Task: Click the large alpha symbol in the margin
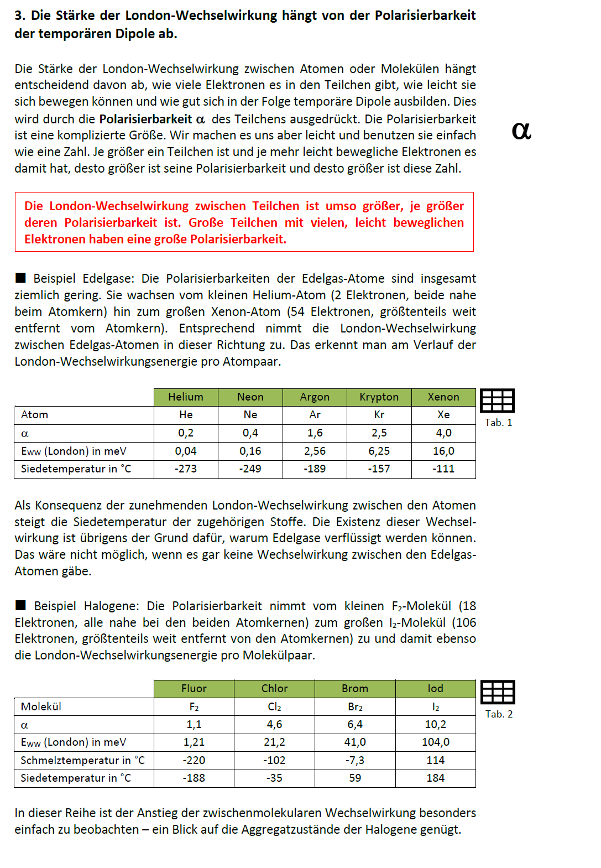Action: click(521, 131)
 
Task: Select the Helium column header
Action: click(186, 397)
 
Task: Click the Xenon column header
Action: click(443, 397)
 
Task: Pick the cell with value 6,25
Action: click(379, 451)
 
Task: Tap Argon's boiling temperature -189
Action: click(315, 469)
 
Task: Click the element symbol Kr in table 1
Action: click(379, 414)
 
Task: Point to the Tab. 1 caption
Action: click(498, 423)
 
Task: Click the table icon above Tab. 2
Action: click(498, 692)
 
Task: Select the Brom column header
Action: click(354, 688)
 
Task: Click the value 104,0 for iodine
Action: click(435, 742)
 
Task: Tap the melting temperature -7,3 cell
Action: click(354, 760)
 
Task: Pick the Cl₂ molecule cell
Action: click(274, 706)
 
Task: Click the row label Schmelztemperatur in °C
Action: click(82, 760)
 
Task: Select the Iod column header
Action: click(435, 688)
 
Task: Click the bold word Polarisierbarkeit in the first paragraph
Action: click(145, 119)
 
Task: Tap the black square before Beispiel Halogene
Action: click(20, 605)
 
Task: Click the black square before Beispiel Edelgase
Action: click(20, 278)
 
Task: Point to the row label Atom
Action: click(34, 414)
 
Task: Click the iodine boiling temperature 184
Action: click(435, 778)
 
